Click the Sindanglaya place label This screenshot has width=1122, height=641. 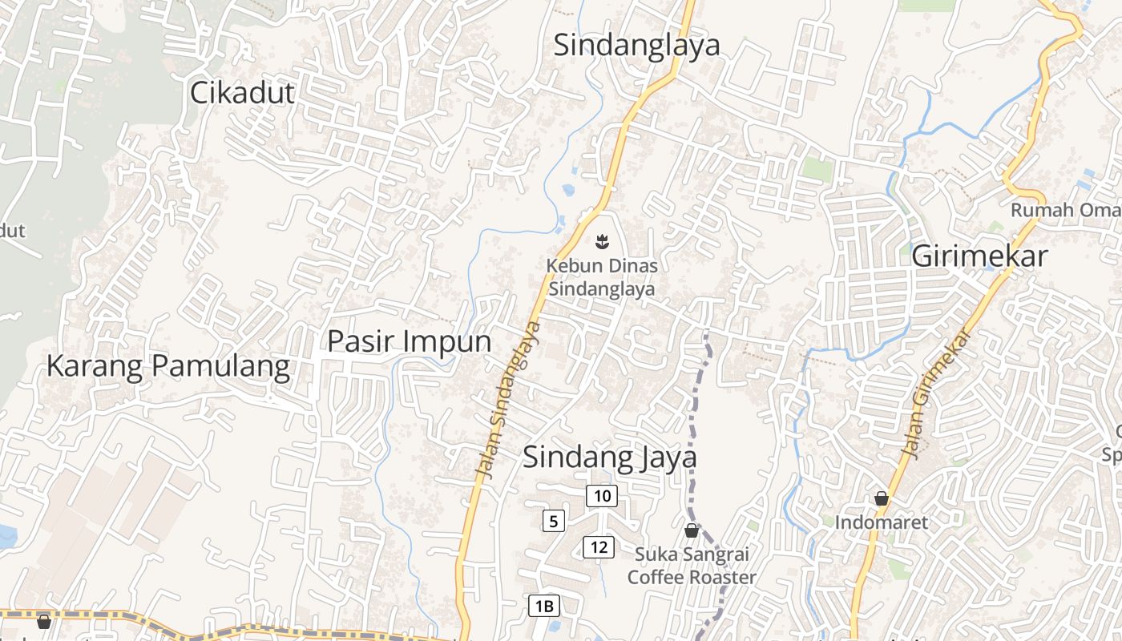(x=637, y=46)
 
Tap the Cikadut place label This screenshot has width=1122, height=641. (x=242, y=94)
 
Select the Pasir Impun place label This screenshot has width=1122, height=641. (x=409, y=341)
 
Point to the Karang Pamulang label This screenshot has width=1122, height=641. (x=167, y=366)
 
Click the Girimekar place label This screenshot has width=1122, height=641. (x=979, y=256)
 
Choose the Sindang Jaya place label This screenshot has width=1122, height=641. (x=609, y=458)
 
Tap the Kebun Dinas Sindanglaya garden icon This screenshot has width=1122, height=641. (x=600, y=240)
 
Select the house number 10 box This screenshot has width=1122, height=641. (x=602, y=496)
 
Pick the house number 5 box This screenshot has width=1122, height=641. (x=553, y=522)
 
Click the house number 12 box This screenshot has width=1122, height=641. (x=598, y=548)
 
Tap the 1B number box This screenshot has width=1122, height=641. (x=543, y=606)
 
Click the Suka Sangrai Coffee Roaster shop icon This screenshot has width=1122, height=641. (x=691, y=530)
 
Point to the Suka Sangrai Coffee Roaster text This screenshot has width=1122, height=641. (x=692, y=566)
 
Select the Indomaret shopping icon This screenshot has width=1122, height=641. (x=882, y=498)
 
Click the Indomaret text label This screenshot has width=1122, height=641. (x=882, y=522)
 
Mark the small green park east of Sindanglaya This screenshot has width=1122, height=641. (x=817, y=168)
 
